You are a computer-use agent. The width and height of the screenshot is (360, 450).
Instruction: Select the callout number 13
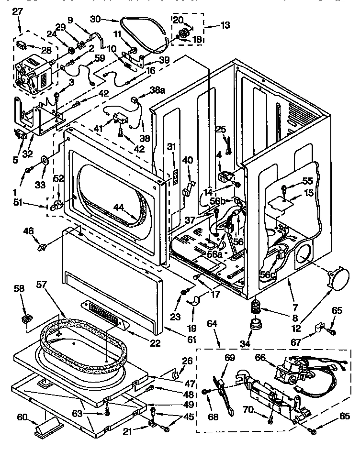coord(225,24)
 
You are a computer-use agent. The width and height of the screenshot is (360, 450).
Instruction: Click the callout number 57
coord(43,285)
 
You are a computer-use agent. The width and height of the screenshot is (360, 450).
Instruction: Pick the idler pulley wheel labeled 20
coord(182,33)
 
